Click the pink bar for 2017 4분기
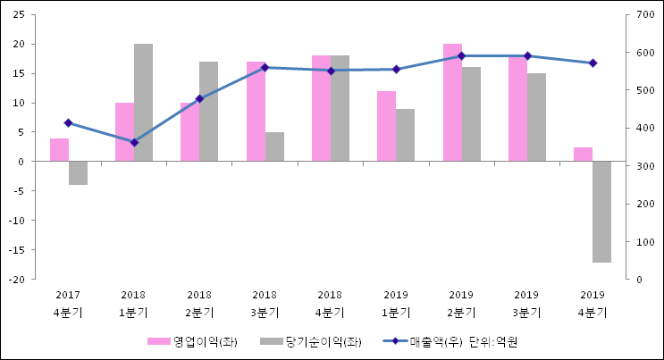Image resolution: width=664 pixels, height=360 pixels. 59,150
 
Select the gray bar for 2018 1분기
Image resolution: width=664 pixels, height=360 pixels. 143,103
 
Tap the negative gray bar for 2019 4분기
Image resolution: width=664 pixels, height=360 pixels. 601,212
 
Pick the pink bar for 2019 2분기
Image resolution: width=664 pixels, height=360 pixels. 452,103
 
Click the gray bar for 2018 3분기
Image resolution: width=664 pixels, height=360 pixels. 274,147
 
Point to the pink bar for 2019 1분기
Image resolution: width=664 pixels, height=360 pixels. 386,126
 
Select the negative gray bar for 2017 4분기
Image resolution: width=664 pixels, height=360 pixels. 78,173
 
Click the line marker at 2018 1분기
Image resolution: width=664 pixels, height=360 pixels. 134,142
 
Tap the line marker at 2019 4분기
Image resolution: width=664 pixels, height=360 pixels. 593,63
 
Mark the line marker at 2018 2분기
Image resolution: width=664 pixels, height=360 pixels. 199,98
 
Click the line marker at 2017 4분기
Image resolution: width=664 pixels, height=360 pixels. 68,122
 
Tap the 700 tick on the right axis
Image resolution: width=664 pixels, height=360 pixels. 646,14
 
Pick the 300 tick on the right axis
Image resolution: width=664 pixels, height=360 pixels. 646,166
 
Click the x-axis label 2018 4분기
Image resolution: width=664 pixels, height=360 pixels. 330,304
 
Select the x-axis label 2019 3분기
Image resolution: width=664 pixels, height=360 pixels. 526,304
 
